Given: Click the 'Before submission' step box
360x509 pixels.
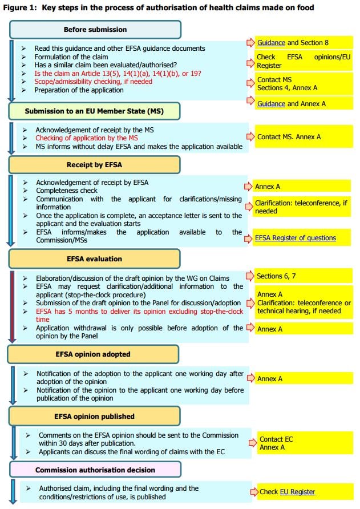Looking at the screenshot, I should click(x=95, y=30).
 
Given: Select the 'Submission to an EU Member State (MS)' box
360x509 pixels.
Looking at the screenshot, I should click(x=94, y=111).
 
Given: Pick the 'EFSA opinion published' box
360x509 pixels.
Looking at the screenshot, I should click(x=94, y=416).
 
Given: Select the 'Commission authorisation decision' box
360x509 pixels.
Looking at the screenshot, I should click(x=95, y=470).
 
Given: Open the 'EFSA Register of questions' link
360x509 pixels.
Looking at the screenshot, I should click(x=296, y=238).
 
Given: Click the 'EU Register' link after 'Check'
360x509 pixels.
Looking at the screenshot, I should click(x=297, y=492).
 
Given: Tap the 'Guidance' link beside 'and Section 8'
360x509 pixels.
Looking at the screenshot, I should click(x=271, y=43).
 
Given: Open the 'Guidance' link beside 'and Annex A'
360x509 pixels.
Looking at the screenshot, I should click(x=271, y=104).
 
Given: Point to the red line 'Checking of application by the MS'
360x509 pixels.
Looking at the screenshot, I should click(x=87, y=138).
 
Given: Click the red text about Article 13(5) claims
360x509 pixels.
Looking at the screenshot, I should click(x=118, y=74).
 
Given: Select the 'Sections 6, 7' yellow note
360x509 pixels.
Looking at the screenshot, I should click(x=276, y=276).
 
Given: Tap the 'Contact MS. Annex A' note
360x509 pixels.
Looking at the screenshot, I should click(x=289, y=137).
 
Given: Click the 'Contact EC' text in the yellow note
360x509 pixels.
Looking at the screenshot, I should click(x=276, y=439).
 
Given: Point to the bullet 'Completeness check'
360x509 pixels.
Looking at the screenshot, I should click(x=67, y=191).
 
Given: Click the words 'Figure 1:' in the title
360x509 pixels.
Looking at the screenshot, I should click(x=21, y=7).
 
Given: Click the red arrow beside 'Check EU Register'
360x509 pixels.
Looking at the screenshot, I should click(x=254, y=492).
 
